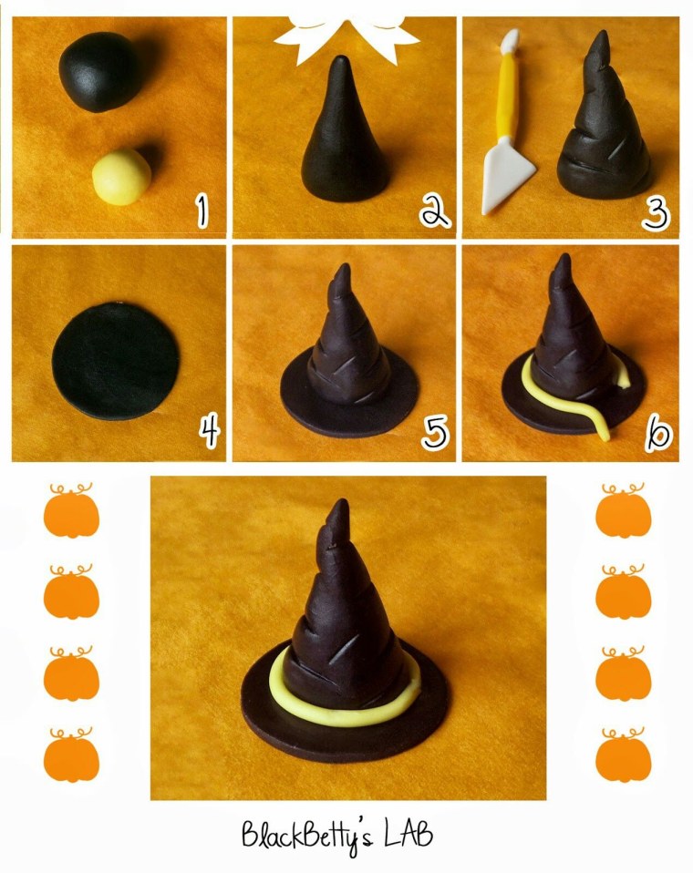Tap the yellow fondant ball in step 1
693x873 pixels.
click(x=121, y=177)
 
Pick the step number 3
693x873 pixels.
click(x=655, y=214)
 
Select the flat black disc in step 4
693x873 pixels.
click(x=116, y=361)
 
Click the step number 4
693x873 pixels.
click(x=210, y=433)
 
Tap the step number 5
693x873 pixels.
click(x=435, y=433)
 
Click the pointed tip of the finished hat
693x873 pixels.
click(x=341, y=502)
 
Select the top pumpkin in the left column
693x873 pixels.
click(x=71, y=510)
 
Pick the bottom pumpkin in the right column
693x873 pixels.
click(x=624, y=755)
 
